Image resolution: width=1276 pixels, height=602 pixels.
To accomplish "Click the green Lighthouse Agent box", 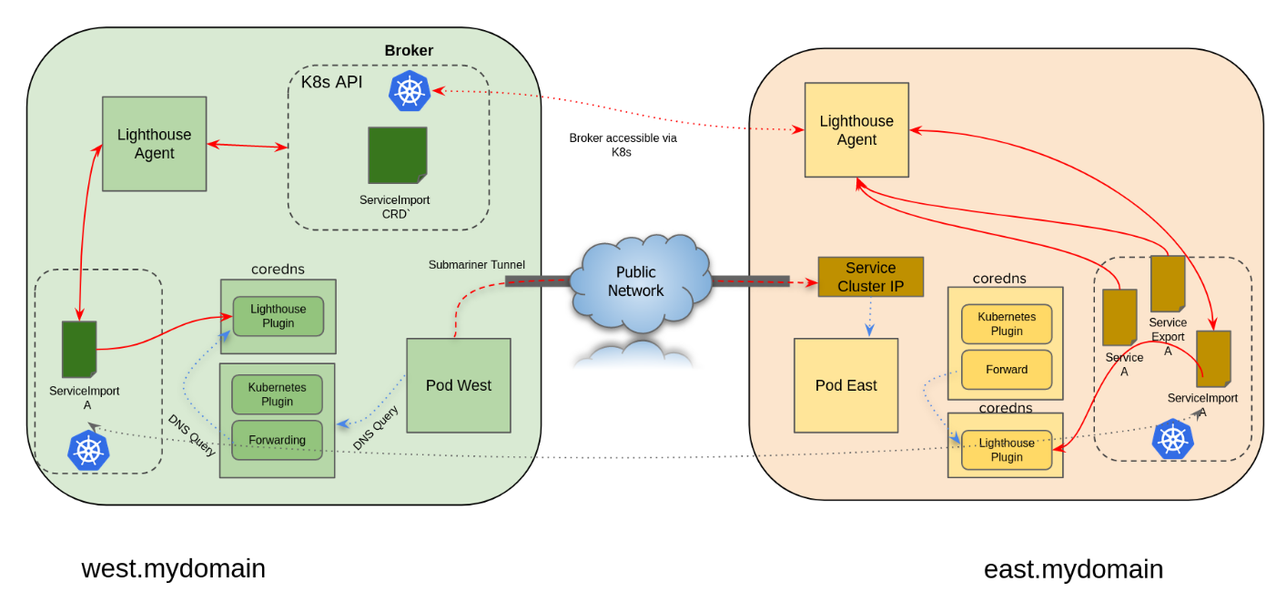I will [154, 144].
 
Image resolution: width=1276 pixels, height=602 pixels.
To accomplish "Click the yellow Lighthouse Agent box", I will [856, 130].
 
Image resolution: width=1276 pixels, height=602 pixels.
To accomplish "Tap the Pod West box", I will [458, 385].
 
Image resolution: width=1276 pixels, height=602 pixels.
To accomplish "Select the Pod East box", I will [846, 385].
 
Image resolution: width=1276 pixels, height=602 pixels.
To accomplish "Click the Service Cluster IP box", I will [870, 277].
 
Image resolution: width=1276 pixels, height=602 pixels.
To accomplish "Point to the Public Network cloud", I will [635, 282].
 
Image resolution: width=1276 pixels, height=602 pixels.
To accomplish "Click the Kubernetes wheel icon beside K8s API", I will [410, 91].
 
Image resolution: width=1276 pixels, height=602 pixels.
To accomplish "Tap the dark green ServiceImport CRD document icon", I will [397, 155].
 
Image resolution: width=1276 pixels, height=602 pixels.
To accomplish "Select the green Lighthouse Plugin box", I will [278, 316].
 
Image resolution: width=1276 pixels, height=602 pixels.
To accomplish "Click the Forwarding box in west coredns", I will [277, 440].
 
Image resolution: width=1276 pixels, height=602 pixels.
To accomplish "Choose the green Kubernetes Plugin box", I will [277, 394].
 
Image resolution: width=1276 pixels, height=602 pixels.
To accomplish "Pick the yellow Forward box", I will [1006, 370].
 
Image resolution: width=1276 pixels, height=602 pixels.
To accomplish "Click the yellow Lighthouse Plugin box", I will [1006, 450].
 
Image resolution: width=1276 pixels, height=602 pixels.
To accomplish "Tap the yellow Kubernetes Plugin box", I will [1006, 323].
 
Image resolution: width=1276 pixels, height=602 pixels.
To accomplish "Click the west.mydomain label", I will [173, 568].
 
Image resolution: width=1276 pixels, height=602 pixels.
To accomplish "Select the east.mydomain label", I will [1073, 569].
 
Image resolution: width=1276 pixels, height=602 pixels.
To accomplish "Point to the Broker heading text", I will [409, 51].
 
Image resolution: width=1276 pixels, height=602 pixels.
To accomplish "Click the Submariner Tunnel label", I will [477, 265].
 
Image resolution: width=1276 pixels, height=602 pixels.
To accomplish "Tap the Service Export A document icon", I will [1167, 283].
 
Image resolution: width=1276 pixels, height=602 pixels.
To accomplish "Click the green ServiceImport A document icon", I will [79, 349].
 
